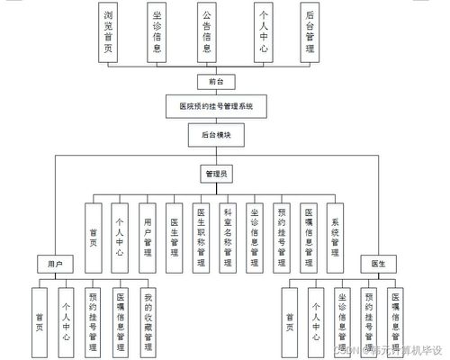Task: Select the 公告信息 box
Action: (x=208, y=31)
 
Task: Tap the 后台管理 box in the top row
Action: (x=310, y=31)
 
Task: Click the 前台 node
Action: (x=216, y=81)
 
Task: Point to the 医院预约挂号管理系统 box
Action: (x=216, y=106)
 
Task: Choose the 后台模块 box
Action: (x=216, y=136)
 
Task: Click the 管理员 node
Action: (x=216, y=171)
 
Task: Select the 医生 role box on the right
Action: (x=378, y=265)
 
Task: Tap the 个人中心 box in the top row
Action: (x=263, y=31)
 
